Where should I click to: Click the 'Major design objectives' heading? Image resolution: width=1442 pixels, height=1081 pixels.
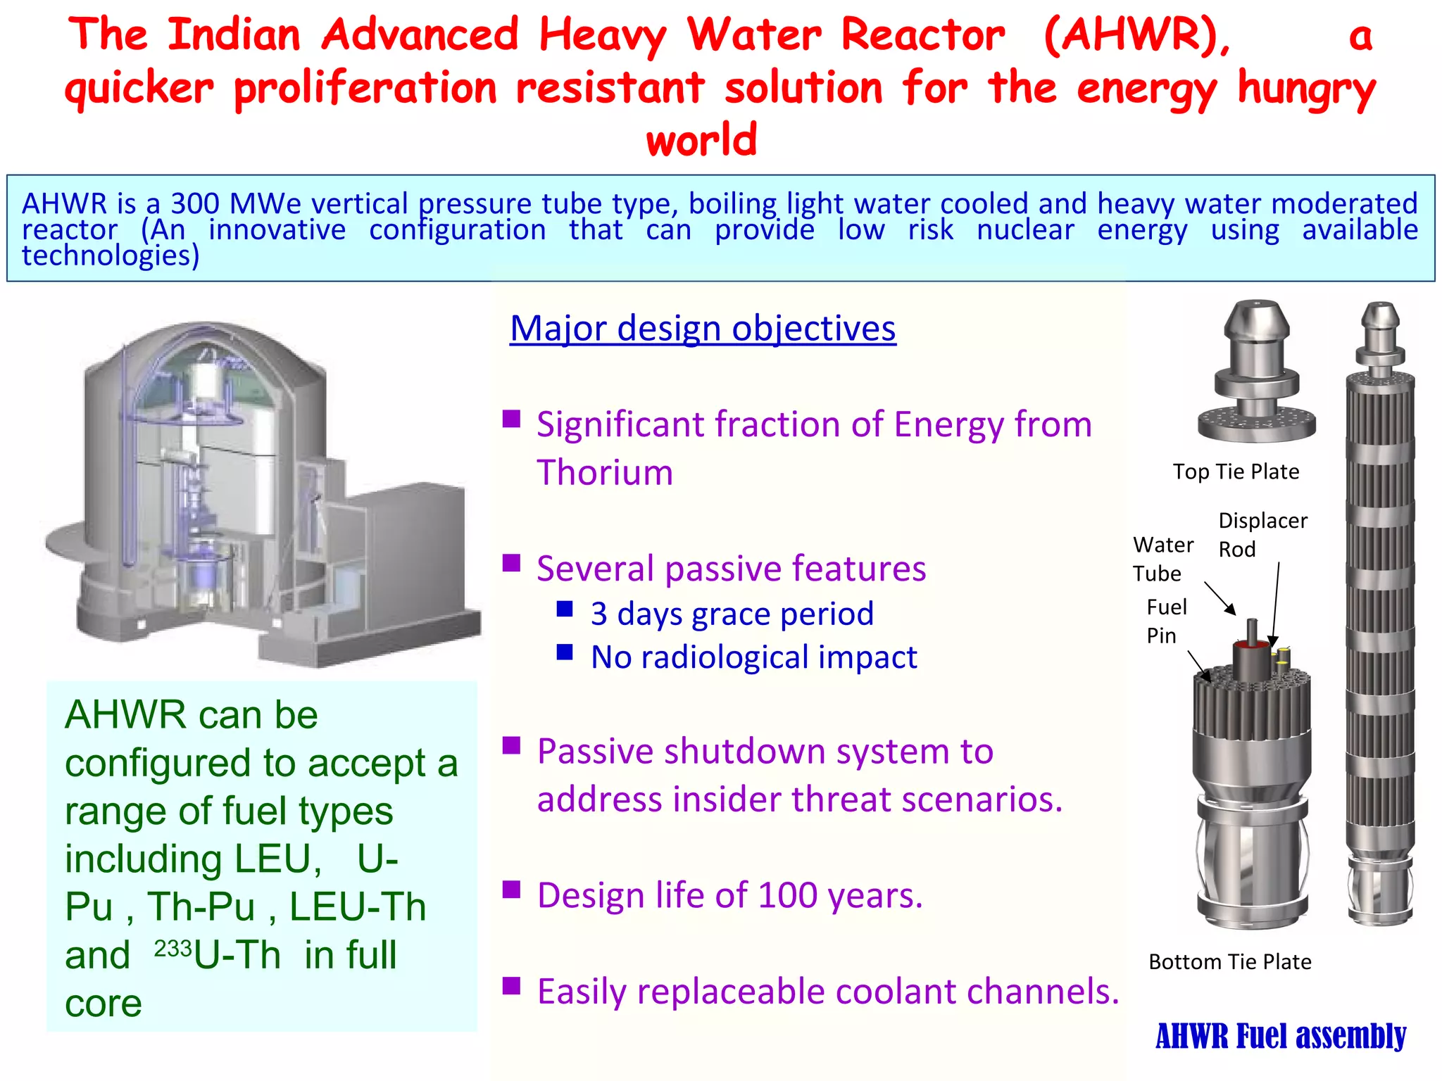tap(703, 329)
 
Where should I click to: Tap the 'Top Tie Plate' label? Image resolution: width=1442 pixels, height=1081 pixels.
tap(1236, 472)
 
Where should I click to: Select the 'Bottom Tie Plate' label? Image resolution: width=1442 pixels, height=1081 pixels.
tap(1229, 961)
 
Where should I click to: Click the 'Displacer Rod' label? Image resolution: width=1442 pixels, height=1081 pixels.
tap(1262, 534)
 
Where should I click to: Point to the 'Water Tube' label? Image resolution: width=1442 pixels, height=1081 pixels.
tap(1162, 559)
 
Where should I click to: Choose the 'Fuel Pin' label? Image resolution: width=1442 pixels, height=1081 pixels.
tap(1166, 621)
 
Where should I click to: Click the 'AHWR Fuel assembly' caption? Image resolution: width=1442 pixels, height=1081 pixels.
tap(1280, 1036)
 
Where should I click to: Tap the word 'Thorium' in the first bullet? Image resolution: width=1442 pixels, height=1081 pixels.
tap(605, 472)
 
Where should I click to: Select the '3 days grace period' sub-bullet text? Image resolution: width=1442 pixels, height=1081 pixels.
tap(732, 614)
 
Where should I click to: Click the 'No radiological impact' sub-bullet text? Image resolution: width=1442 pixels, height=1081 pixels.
tap(753, 657)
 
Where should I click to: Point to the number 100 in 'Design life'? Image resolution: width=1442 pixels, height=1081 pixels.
tap(788, 896)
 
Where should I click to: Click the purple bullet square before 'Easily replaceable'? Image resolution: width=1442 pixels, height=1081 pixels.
tap(511, 985)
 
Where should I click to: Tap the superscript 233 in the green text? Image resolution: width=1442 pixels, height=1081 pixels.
tap(173, 949)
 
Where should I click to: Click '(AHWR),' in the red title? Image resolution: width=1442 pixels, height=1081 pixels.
tap(1137, 35)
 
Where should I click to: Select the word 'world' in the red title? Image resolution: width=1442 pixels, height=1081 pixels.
tap(701, 139)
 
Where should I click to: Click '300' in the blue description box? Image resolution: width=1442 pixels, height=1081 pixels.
tap(196, 204)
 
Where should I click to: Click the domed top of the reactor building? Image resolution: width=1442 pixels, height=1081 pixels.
tap(204, 345)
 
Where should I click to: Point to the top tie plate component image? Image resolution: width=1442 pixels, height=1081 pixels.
tap(1257, 373)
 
